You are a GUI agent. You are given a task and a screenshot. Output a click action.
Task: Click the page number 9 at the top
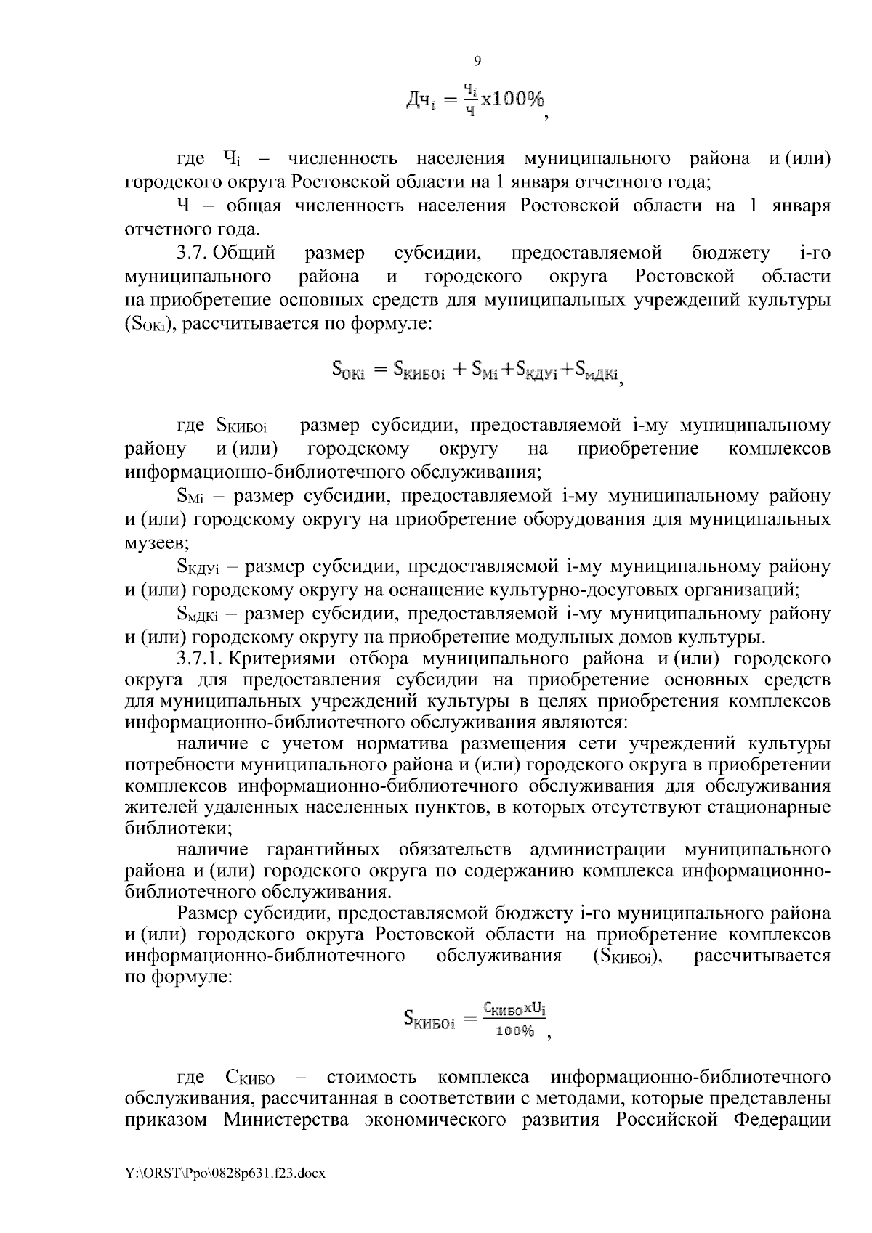pyautogui.click(x=477, y=61)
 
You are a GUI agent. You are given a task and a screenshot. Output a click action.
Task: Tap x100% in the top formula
pyautogui.click(x=513, y=99)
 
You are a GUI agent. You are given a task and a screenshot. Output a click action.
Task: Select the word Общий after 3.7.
pyautogui.click(x=244, y=253)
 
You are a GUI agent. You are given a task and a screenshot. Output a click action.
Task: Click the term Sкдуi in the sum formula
pyautogui.click(x=536, y=372)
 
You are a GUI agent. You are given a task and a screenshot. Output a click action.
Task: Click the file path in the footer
pyautogui.click(x=226, y=1192)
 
